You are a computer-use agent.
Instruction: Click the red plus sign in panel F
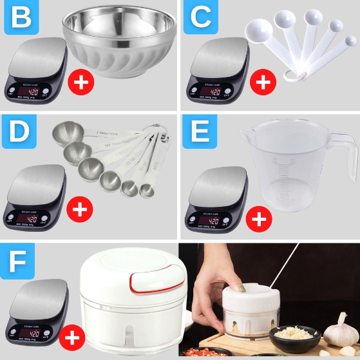tap(73, 337)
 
